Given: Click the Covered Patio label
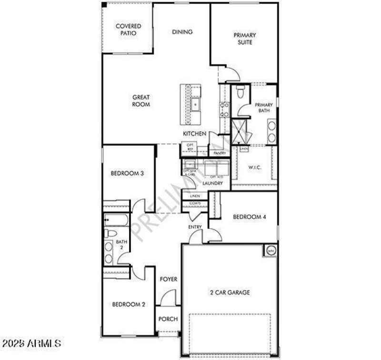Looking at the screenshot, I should (x=128, y=30).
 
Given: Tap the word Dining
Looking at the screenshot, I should (x=182, y=32).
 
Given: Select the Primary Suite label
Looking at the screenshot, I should (x=244, y=39).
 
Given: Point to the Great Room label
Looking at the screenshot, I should (x=141, y=101).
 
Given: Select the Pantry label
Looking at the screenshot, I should (x=219, y=153).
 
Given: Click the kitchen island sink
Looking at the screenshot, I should (x=195, y=103).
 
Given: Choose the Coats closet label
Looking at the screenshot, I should (x=195, y=204).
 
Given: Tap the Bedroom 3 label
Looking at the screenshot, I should (x=127, y=174).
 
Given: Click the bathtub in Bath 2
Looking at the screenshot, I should (x=115, y=221).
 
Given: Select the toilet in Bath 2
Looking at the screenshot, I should (x=110, y=234).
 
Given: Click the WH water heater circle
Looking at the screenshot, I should (x=271, y=250).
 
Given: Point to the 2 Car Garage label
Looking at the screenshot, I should (x=230, y=292).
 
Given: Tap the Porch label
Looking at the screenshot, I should (x=168, y=319).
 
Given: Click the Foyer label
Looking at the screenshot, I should (x=168, y=279).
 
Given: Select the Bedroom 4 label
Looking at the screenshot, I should (x=249, y=217).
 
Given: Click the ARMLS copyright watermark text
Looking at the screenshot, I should (x=31, y=343).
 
